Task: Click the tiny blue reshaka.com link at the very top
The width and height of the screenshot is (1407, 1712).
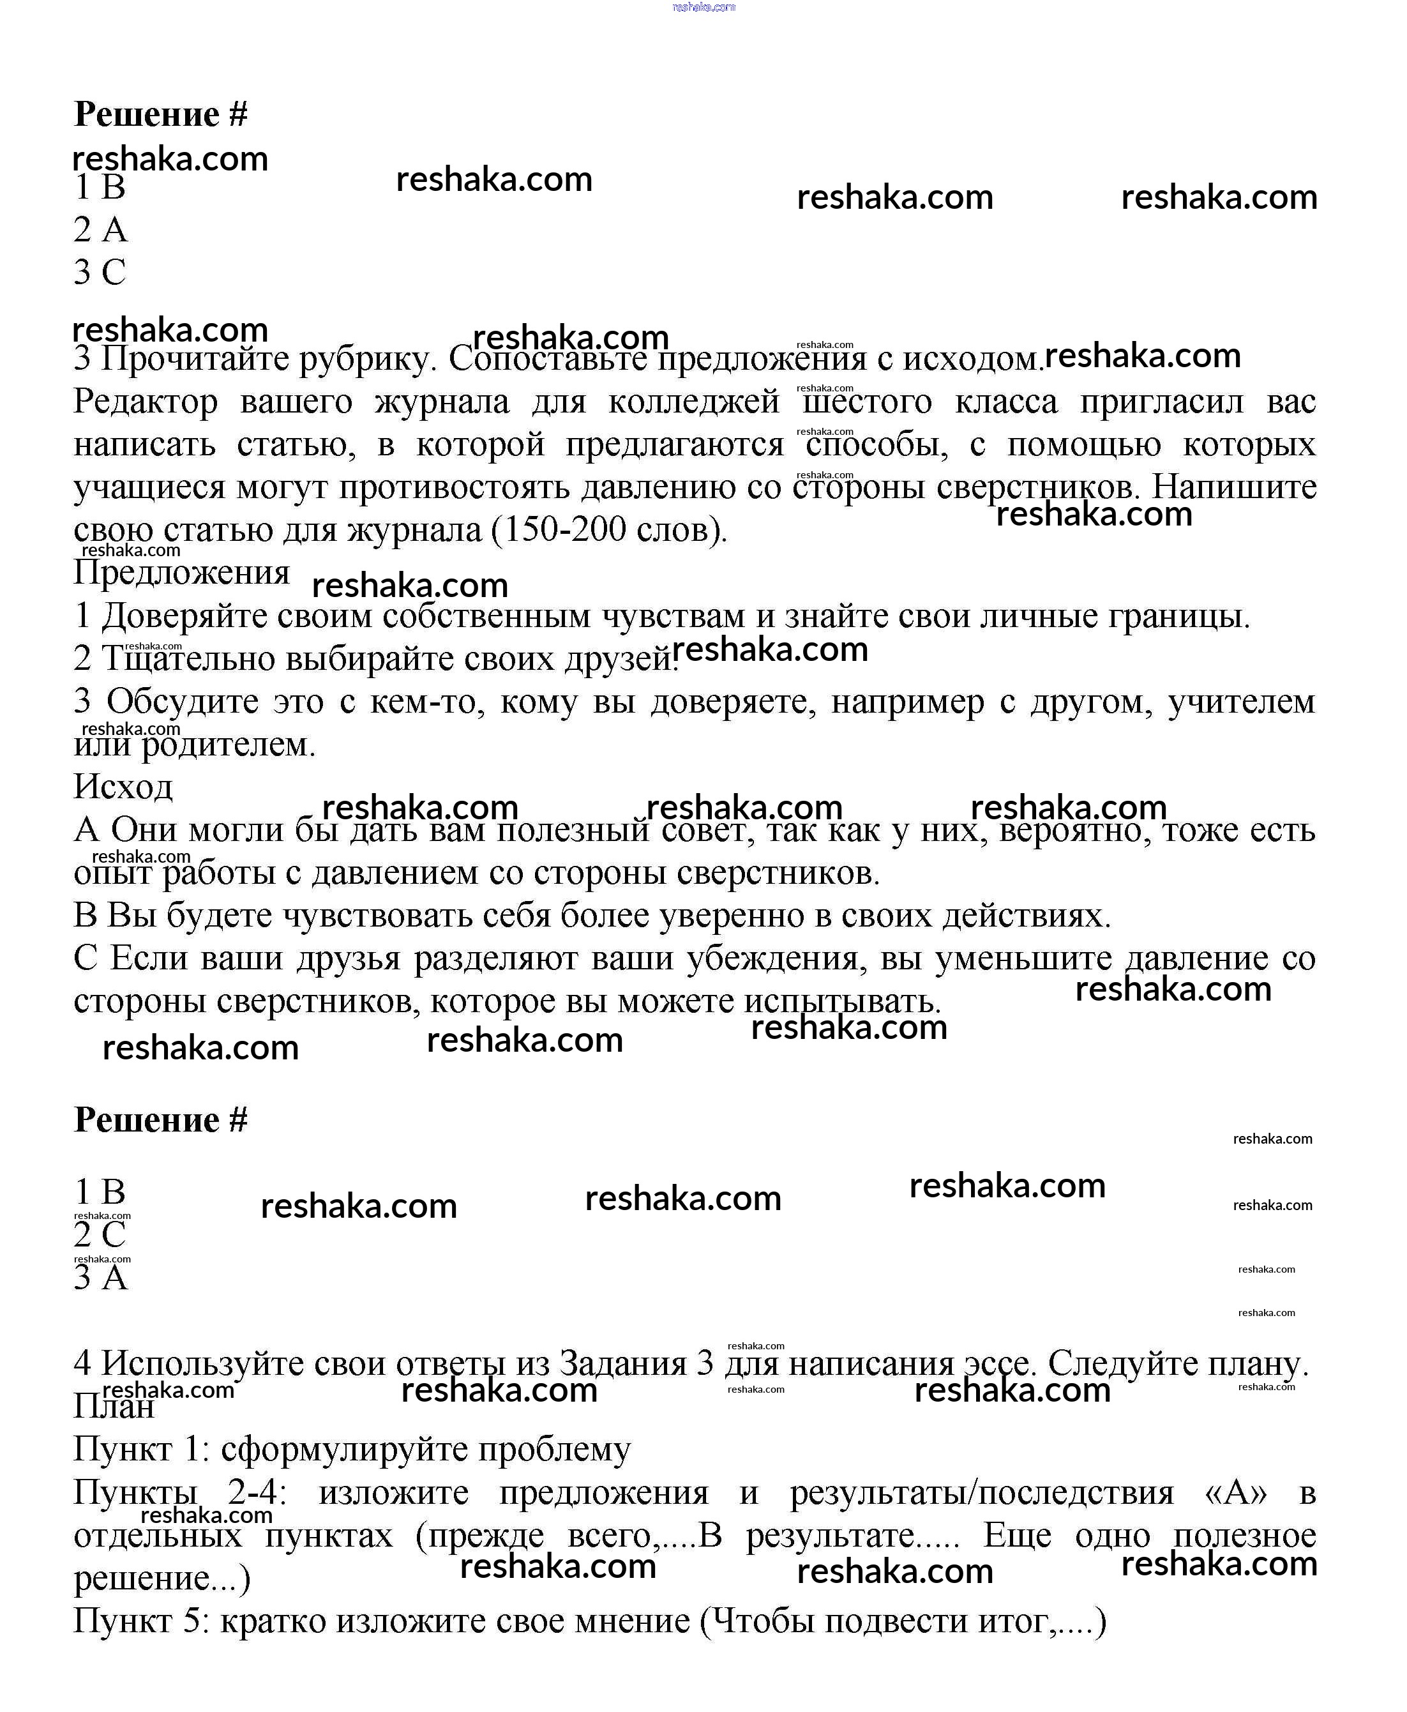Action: tap(703, 6)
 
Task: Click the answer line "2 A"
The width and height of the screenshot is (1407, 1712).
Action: tap(100, 229)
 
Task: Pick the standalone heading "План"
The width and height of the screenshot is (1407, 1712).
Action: tap(114, 1406)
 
